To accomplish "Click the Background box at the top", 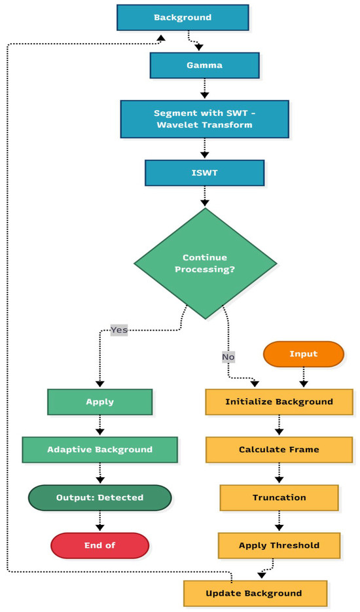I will pyautogui.click(x=183, y=18).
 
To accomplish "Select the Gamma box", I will pyautogui.click(x=204, y=65).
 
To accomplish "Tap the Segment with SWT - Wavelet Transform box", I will pyautogui.click(x=204, y=118).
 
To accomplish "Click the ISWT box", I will pyautogui.click(x=204, y=173).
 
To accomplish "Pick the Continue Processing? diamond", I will pyautogui.click(x=205, y=264).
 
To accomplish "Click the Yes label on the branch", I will pyautogui.click(x=118, y=329).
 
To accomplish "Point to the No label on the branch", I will pyautogui.click(x=228, y=357).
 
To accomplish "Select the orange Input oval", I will pyautogui.click(x=303, y=354).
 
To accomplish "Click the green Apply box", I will pyautogui.click(x=99, y=401).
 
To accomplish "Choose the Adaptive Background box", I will pyautogui.click(x=99, y=450).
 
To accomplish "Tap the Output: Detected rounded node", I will pyautogui.click(x=99, y=497).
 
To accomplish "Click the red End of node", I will pyautogui.click(x=99, y=545).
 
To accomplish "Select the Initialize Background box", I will pyautogui.click(x=279, y=401).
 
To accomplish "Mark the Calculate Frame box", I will pyautogui.click(x=279, y=450).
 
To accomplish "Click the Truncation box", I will pyautogui.click(x=279, y=497).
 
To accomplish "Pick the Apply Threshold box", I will pyautogui.click(x=279, y=545).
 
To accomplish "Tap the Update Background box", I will pyautogui.click(x=254, y=593).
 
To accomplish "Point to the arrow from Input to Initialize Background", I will pyautogui.click(x=303, y=378).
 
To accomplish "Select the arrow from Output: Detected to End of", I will pyautogui.click(x=99, y=521).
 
